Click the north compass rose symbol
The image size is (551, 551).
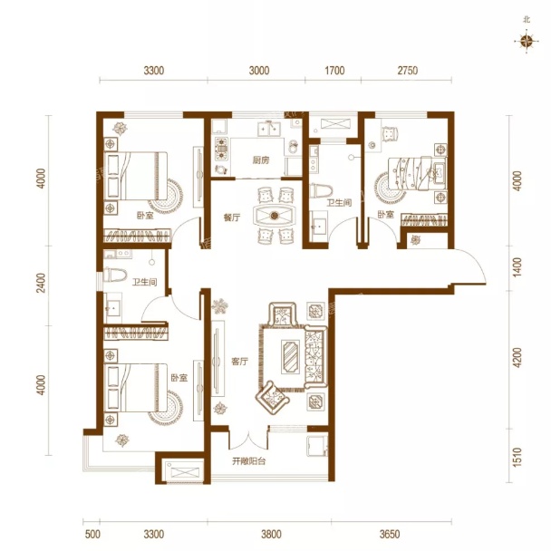(x=527, y=42)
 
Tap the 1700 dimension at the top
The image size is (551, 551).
(x=334, y=71)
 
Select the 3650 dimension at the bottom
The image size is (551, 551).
(x=390, y=534)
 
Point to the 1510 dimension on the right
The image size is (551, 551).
(x=517, y=457)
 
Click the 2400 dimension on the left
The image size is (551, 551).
(x=41, y=283)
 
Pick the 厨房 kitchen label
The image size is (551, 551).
(x=261, y=160)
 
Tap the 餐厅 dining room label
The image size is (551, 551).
(x=232, y=217)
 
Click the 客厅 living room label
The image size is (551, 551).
(x=239, y=362)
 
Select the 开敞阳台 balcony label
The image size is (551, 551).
(x=249, y=461)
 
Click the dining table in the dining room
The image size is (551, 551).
(x=275, y=215)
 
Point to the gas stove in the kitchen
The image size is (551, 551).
(x=222, y=149)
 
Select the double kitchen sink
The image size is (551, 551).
(x=269, y=129)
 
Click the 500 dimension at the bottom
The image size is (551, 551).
(x=92, y=534)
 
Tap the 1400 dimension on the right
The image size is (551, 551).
(x=517, y=267)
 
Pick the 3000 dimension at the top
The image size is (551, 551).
(x=259, y=71)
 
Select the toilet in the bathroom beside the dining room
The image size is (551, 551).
(x=321, y=190)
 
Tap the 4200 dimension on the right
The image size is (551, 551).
(x=517, y=358)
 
